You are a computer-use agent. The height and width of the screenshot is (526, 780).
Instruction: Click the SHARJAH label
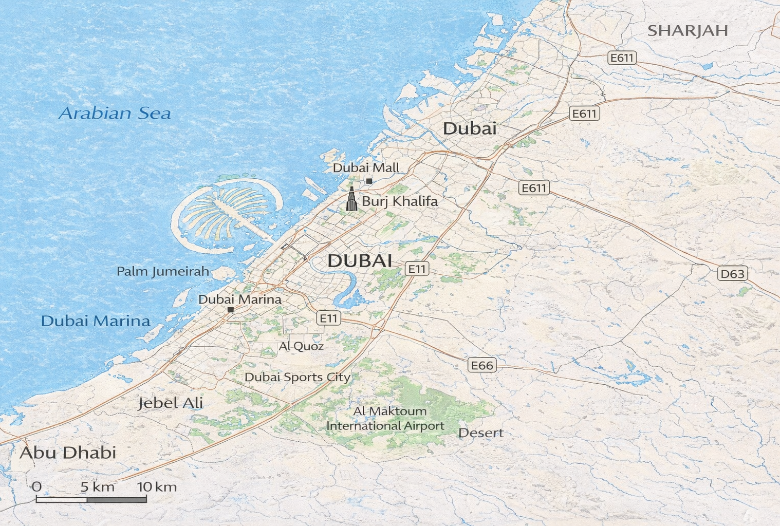pyautogui.click(x=688, y=31)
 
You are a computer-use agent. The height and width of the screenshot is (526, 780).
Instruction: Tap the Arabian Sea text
pyautogui.click(x=115, y=113)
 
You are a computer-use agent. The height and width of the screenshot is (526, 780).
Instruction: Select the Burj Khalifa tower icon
pyautogui.click(x=351, y=199)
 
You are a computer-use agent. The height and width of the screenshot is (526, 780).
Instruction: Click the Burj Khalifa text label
pyautogui.click(x=400, y=201)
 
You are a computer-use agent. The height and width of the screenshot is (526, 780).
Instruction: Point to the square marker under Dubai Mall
pyautogui.click(x=369, y=181)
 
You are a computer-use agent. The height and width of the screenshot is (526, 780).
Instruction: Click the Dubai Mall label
pyautogui.click(x=365, y=168)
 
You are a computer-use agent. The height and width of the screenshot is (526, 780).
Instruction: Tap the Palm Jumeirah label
pyautogui.click(x=163, y=271)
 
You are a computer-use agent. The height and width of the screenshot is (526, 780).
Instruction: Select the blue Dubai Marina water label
pyautogui.click(x=96, y=322)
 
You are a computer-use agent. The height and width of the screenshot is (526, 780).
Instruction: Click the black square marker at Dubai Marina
pyautogui.click(x=231, y=310)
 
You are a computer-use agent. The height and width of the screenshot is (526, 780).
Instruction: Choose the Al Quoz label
pyautogui.click(x=301, y=347)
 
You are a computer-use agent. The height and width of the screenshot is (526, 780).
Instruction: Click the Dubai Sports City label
pyautogui.click(x=297, y=377)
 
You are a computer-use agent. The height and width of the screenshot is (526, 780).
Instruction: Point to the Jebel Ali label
pyautogui.click(x=171, y=403)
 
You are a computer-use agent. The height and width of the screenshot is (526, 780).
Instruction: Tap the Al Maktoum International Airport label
pyautogui.click(x=385, y=419)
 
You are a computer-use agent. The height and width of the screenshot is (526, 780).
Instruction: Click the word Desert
pyautogui.click(x=480, y=433)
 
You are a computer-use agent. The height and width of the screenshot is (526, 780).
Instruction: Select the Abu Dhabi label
pyautogui.click(x=68, y=453)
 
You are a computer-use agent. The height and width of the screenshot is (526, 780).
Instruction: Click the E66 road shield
pyautogui.click(x=482, y=365)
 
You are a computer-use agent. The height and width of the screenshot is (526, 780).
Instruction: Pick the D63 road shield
pyautogui.click(x=732, y=274)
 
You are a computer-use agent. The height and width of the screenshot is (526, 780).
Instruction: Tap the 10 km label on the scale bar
pyautogui.click(x=157, y=487)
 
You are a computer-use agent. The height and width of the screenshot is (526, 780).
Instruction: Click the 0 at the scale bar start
pyautogui.click(x=37, y=486)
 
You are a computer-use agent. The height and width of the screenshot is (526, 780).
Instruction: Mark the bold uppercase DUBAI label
pyautogui.click(x=360, y=261)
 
